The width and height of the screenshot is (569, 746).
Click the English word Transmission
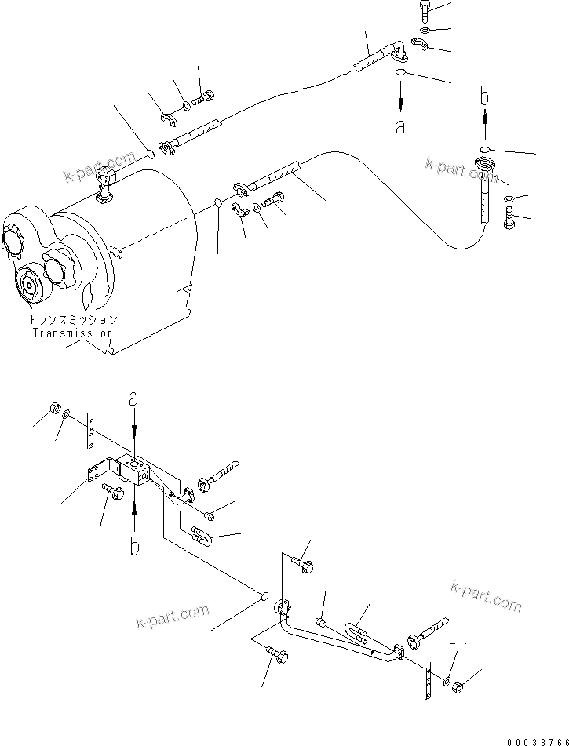tap(73, 333)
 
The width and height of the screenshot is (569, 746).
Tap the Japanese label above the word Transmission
tap(73, 320)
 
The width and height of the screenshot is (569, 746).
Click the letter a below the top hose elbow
tap(400, 126)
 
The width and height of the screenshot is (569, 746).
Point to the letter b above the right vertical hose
tap(486, 98)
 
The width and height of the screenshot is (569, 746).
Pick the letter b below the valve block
tap(134, 547)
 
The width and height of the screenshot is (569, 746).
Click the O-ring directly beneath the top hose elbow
tap(401, 73)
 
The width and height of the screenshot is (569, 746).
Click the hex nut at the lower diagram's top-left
tap(53, 407)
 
